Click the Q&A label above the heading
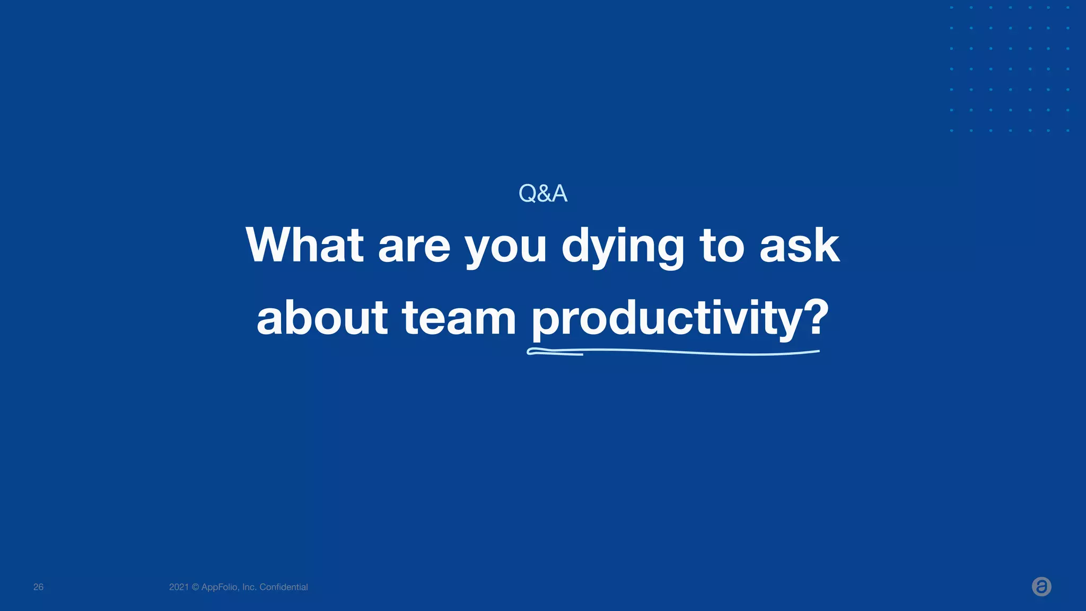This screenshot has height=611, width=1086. (542, 194)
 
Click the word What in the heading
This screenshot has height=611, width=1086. (304, 245)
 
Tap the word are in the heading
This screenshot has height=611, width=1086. (414, 247)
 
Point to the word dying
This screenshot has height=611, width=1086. (623, 247)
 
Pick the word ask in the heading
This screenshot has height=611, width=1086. (799, 245)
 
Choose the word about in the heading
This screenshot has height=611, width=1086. (322, 318)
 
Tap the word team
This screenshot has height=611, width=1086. (459, 318)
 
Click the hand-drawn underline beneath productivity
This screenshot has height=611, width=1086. (673, 352)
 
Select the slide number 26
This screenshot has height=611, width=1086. (38, 587)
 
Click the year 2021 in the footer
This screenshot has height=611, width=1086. (179, 587)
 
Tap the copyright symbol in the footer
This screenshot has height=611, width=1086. (195, 587)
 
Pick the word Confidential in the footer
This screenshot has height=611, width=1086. (284, 587)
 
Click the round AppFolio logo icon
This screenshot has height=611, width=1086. (1041, 587)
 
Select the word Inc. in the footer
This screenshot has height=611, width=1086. (249, 587)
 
